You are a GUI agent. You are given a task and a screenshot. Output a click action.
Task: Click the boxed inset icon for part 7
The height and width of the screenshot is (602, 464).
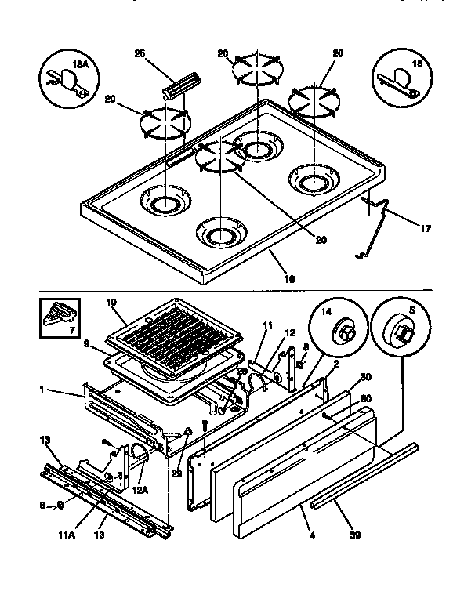(60, 318)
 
